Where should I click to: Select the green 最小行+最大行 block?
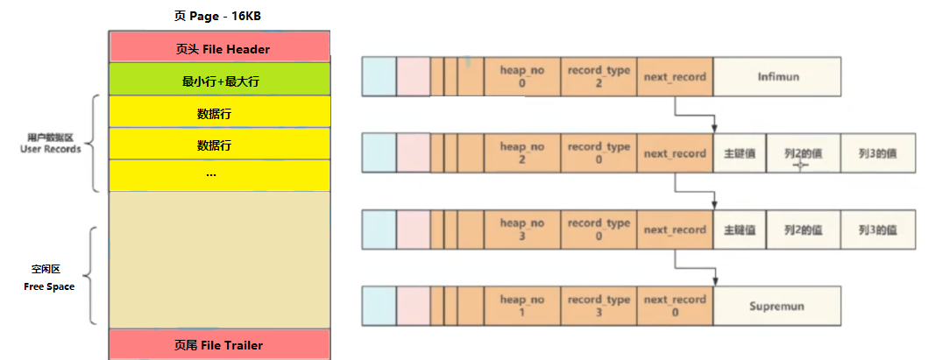(x=219, y=80)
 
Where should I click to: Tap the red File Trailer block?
(x=219, y=344)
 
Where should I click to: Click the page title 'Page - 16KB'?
(x=219, y=17)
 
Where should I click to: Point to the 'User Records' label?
(x=50, y=144)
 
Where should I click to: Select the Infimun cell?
(x=777, y=77)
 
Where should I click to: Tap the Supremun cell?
(x=777, y=307)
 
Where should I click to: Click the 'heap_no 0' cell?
(x=521, y=77)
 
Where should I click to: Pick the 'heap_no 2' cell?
(x=521, y=153)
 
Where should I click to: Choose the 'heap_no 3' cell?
(x=521, y=229)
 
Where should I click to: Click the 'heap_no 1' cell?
(x=521, y=307)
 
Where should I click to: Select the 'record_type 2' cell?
(x=599, y=77)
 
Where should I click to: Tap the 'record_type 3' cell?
(x=599, y=307)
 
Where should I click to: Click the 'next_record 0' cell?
(x=675, y=307)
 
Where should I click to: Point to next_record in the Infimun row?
(x=675, y=77)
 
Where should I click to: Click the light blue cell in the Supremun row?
(x=379, y=307)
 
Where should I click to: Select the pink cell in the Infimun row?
(x=413, y=77)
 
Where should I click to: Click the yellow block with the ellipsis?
(x=219, y=174)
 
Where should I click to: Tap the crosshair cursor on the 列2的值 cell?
(x=800, y=163)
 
